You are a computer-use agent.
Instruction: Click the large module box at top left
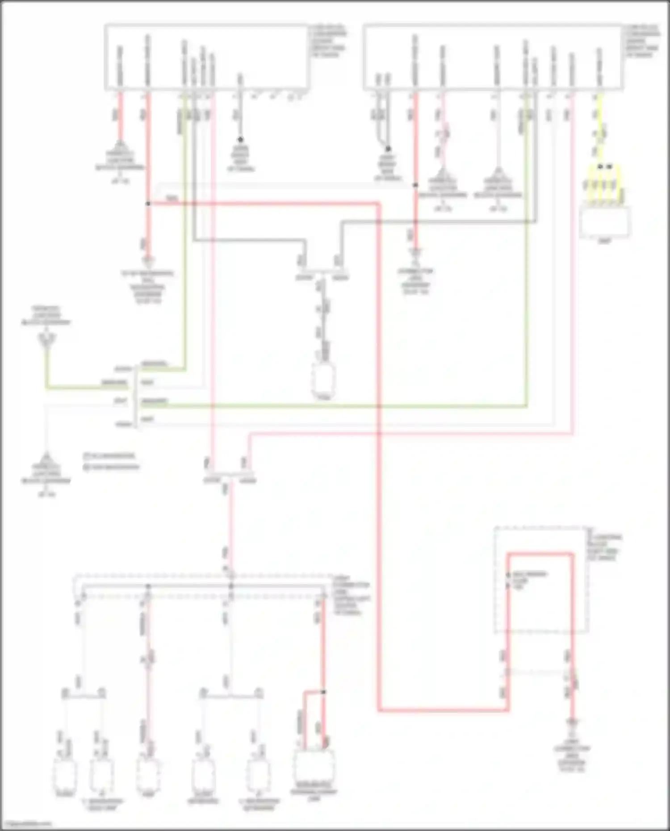(206, 57)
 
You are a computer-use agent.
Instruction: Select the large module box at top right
(493, 57)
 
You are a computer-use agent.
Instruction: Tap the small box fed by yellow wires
(605, 222)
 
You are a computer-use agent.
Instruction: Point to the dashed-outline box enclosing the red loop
(540, 580)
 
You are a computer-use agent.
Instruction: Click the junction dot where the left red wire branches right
(148, 204)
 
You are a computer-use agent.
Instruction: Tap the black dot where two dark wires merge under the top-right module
(388, 149)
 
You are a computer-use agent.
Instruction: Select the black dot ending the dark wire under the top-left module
(240, 140)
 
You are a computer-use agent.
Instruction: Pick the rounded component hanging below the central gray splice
(324, 380)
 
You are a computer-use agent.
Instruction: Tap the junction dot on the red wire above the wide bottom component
(324, 692)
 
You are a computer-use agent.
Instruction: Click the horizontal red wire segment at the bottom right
(442, 710)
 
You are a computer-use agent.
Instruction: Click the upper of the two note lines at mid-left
(109, 456)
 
